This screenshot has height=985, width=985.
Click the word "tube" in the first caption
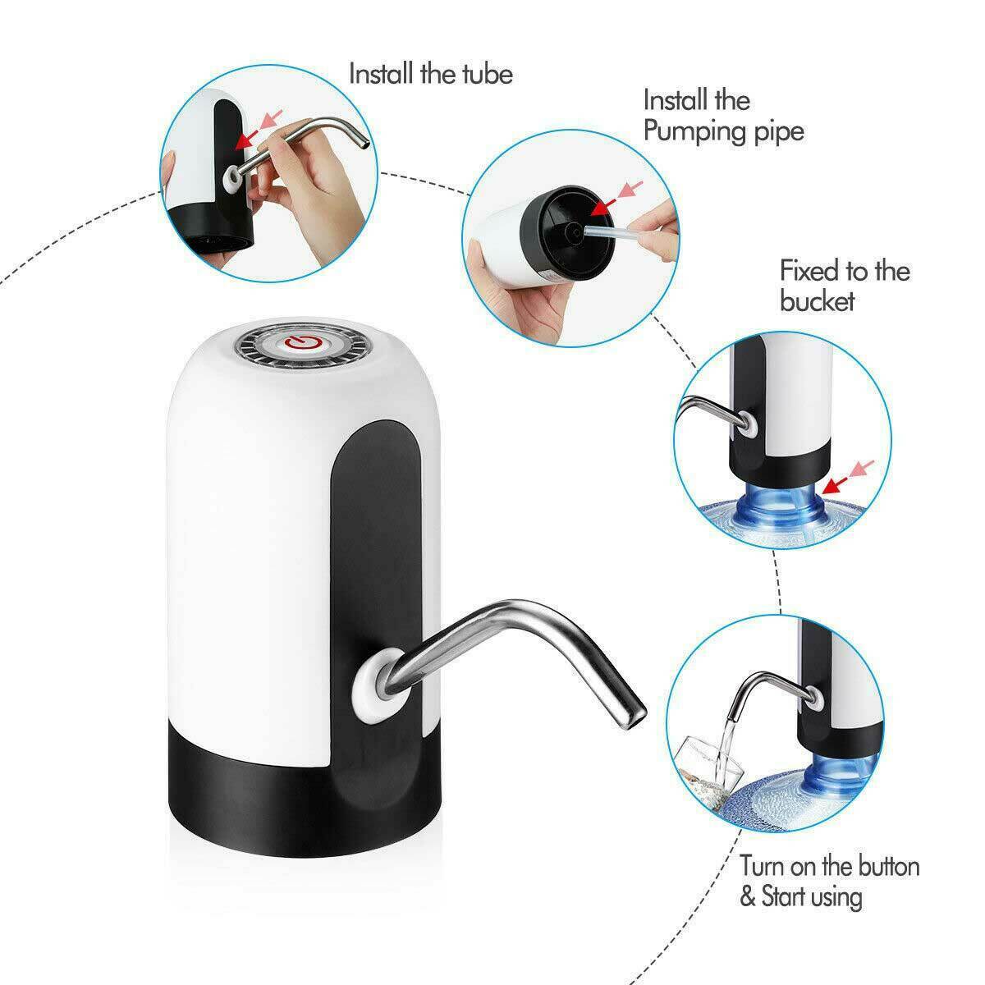coord(482,74)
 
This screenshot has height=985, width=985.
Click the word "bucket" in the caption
coord(818,300)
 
